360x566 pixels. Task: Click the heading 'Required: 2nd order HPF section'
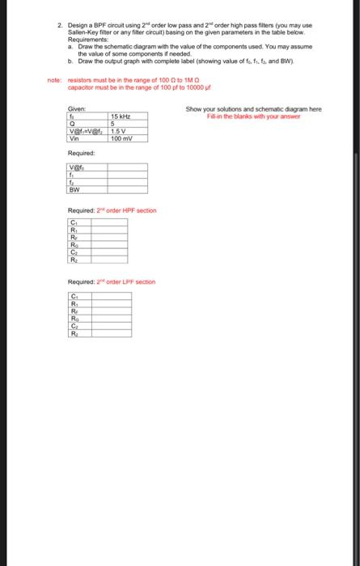pyautogui.click(x=112, y=210)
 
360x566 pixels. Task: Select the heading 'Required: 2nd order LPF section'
pyautogui.click(x=112, y=281)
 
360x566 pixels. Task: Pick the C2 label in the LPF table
pyautogui.click(x=74, y=327)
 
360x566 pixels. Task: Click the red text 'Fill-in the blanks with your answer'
pyautogui.click(x=253, y=116)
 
